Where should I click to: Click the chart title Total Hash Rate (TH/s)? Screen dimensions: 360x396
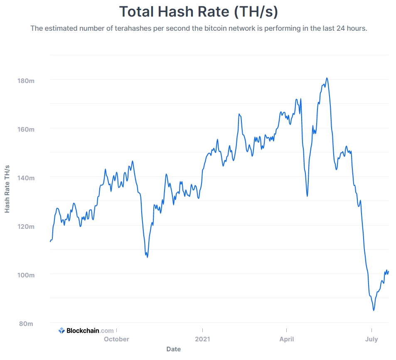[x=198, y=12]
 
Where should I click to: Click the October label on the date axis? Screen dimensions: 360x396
[x=116, y=339]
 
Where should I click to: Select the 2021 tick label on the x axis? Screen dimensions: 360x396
[x=202, y=339]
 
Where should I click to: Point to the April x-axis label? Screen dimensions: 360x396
[x=287, y=339]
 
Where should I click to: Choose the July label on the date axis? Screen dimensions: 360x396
[x=371, y=339]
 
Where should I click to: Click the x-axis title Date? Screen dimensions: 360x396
[x=173, y=349]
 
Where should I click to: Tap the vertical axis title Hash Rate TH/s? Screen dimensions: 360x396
[x=7, y=189]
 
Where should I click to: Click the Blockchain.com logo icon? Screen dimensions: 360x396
[x=61, y=331]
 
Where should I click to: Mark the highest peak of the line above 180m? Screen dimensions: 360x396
[x=327, y=78]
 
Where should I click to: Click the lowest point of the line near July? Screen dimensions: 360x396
[x=374, y=310]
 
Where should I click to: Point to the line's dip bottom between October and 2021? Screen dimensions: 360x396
[x=147, y=257]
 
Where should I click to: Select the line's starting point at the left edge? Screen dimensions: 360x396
[x=50, y=241]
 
